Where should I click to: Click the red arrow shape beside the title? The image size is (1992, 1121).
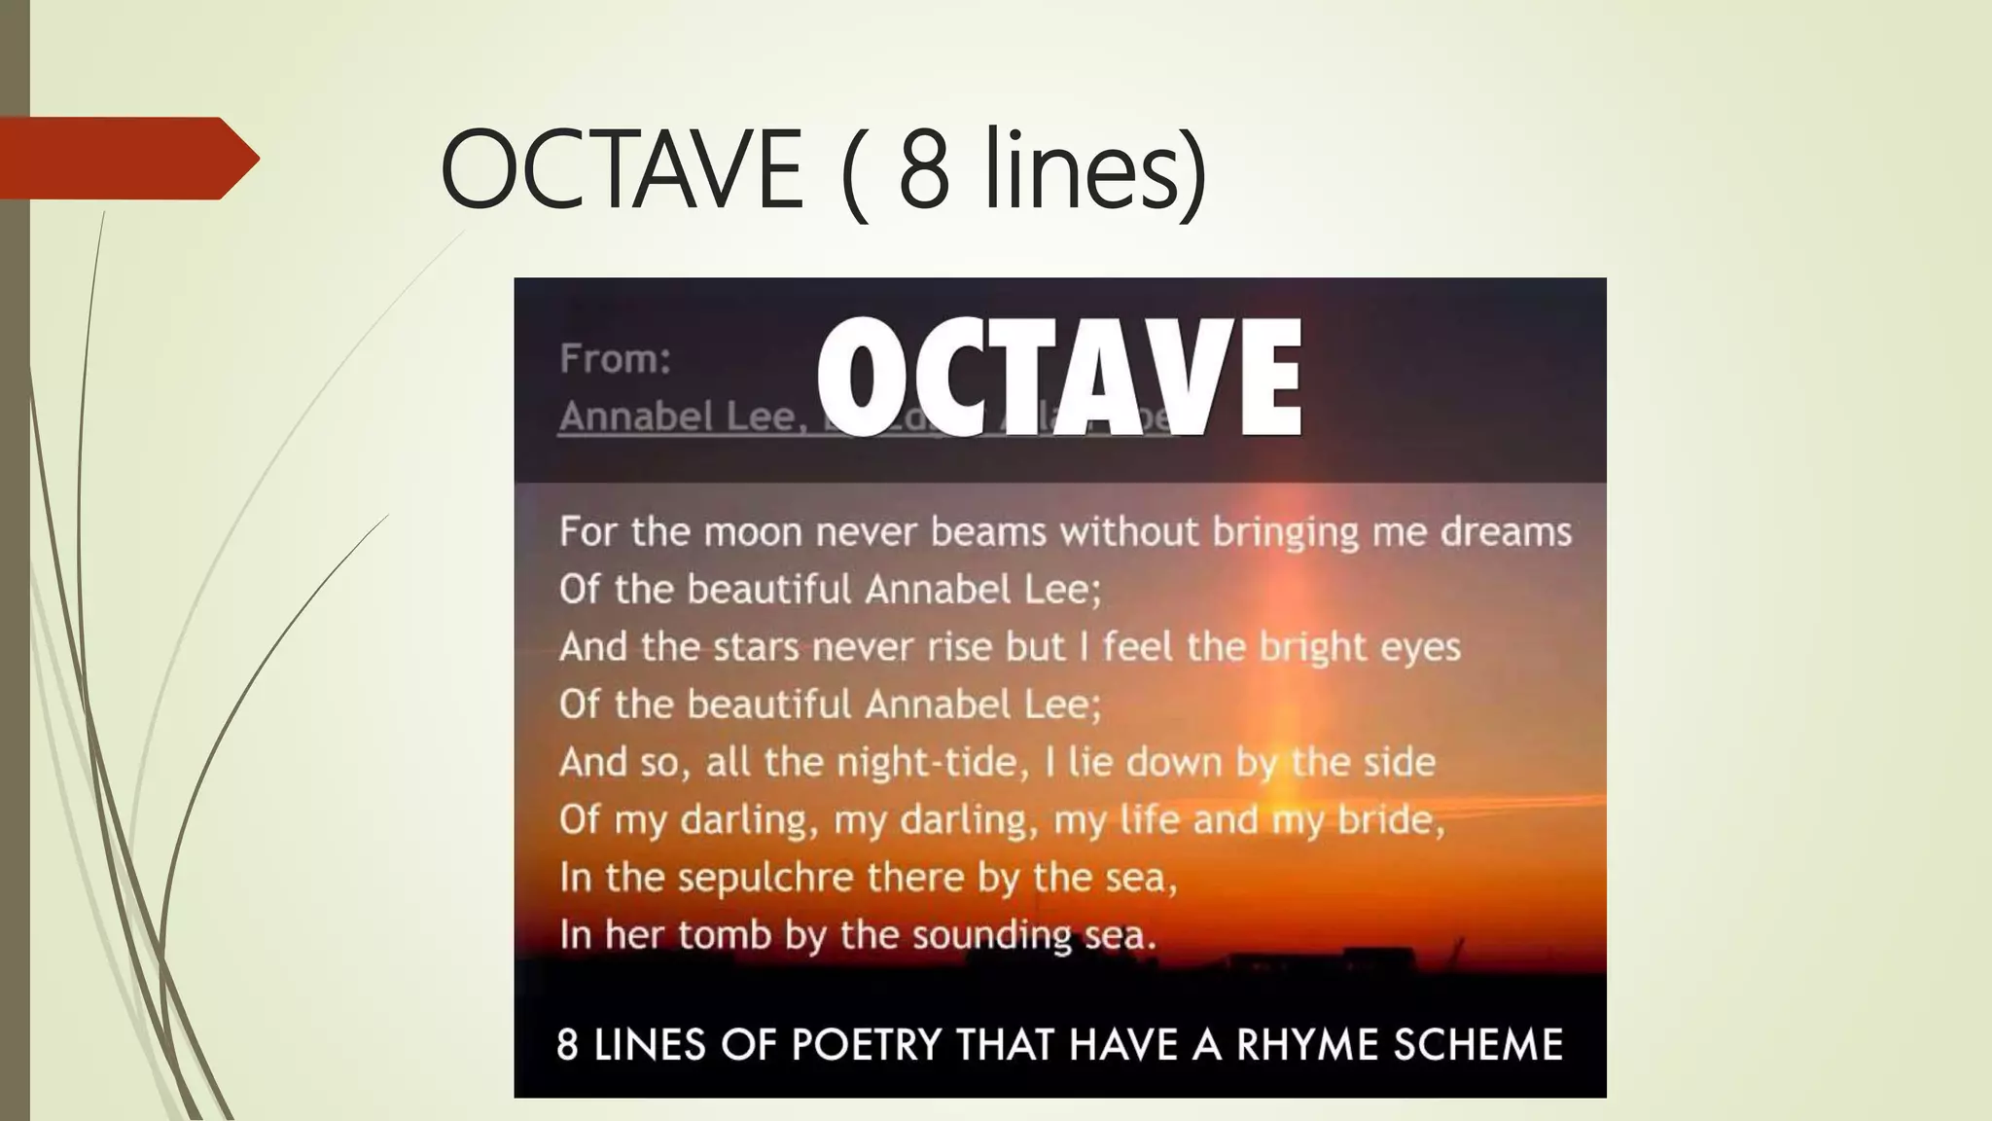(x=126, y=158)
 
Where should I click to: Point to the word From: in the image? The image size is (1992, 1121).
(x=615, y=359)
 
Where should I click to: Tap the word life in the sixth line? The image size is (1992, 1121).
(x=1149, y=819)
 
